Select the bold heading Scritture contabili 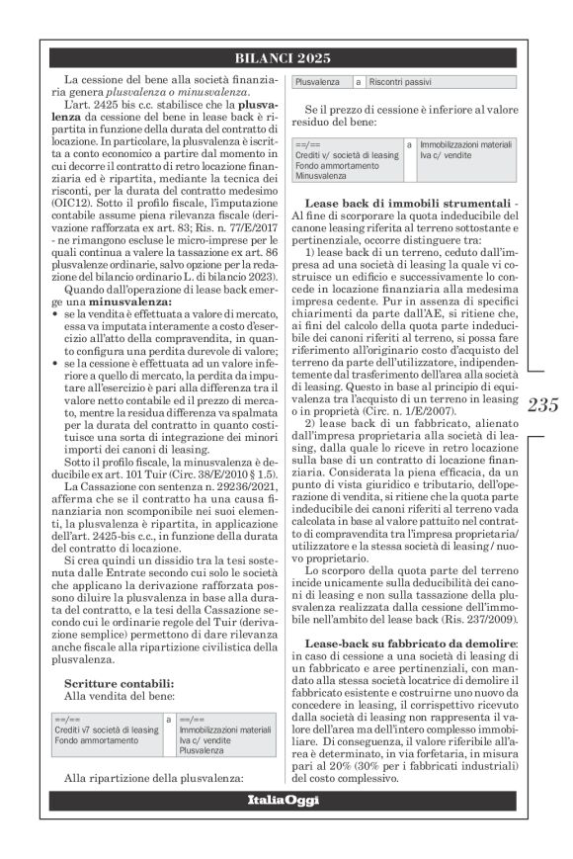click(120, 683)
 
